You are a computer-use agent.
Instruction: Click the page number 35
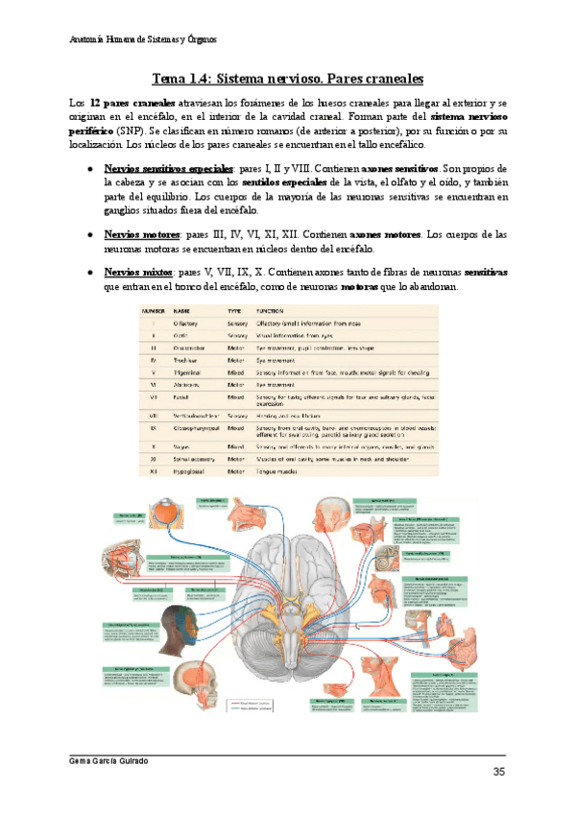498,772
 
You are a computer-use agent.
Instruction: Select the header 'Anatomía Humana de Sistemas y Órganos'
144,41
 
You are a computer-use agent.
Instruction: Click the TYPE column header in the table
234,312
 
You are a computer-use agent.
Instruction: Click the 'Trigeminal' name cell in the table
189,371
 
